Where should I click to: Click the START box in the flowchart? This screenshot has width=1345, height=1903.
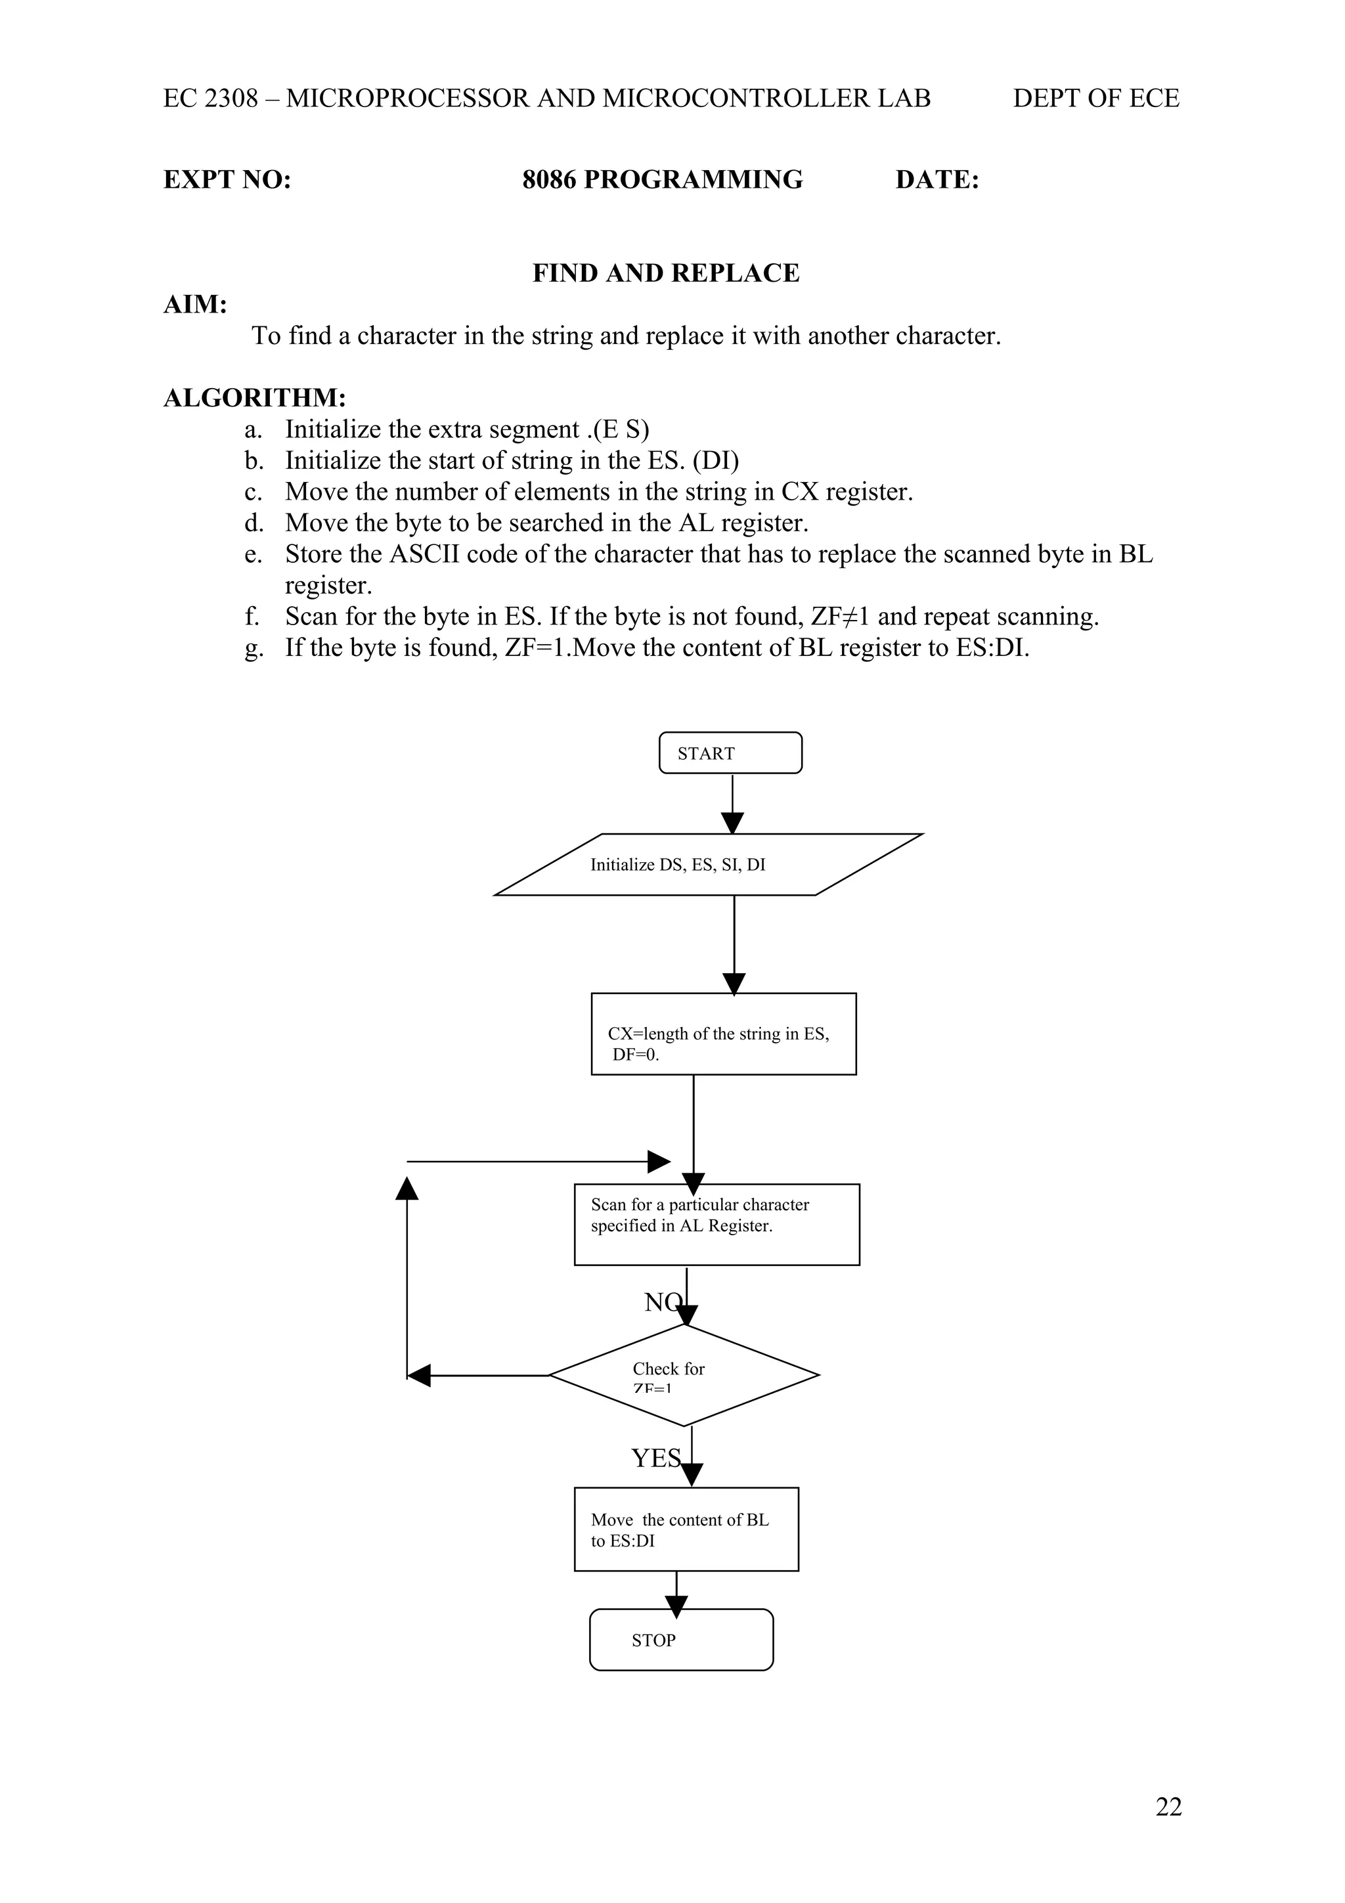pyautogui.click(x=730, y=753)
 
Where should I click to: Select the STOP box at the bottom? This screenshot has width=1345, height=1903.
pyautogui.click(x=680, y=1640)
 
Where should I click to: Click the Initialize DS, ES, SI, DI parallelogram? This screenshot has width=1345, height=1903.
pyautogui.click(x=709, y=864)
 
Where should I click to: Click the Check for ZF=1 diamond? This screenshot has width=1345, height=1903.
pyautogui.click(x=684, y=1375)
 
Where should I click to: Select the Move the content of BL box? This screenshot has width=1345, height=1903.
pyautogui.click(x=686, y=1529)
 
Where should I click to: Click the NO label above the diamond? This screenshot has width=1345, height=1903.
pyautogui.click(x=661, y=1302)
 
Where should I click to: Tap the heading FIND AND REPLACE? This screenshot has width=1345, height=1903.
pyautogui.click(x=665, y=273)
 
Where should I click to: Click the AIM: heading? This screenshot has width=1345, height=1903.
pyautogui.click(x=196, y=304)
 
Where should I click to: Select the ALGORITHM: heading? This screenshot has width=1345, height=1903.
pyautogui.click(x=254, y=398)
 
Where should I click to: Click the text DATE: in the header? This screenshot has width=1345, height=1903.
pyautogui.click(x=937, y=180)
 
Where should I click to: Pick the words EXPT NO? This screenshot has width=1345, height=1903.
pyautogui.click(x=227, y=180)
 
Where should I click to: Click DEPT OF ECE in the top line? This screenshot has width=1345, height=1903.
pyautogui.click(x=1095, y=98)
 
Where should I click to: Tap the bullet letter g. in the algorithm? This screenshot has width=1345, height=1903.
pyautogui.click(x=254, y=647)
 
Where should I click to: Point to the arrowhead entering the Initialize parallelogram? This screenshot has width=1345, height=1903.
pyautogui.click(x=732, y=823)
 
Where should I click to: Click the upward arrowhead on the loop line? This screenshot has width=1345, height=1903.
pyautogui.click(x=407, y=1188)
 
